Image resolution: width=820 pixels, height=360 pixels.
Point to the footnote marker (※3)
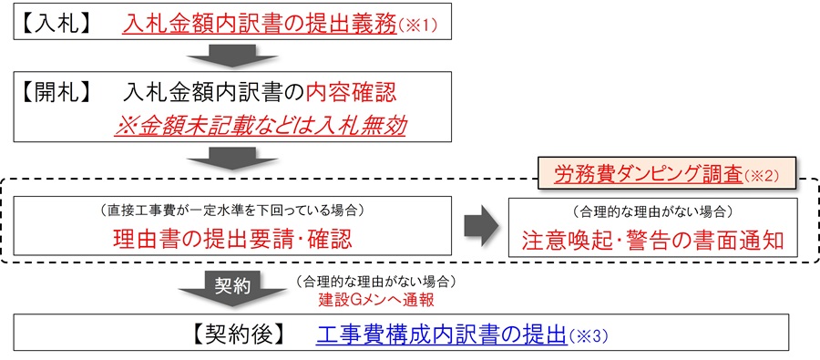587,334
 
